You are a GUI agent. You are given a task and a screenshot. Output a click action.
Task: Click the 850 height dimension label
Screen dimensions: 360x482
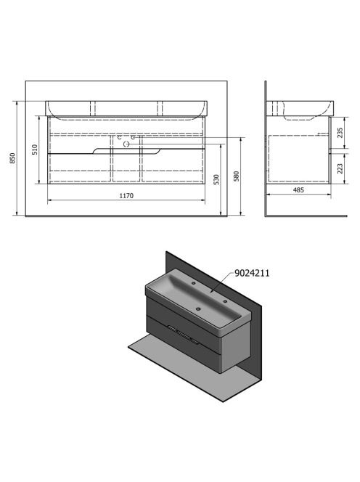pos(12,158)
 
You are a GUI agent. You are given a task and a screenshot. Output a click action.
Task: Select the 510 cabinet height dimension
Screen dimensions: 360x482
pos(35,150)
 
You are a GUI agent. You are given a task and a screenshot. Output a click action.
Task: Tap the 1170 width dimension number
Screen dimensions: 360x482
pos(126,195)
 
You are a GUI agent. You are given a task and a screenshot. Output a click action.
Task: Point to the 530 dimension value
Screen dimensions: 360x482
pos(216,179)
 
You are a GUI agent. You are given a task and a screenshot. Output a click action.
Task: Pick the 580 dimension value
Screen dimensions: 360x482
pos(237,176)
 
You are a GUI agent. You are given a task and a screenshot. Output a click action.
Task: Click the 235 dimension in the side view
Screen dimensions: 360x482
pos(340,133)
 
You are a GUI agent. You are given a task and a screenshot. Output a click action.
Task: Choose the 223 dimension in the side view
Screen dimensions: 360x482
pos(340,168)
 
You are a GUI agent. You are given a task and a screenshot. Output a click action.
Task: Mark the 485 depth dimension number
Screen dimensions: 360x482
pos(298,190)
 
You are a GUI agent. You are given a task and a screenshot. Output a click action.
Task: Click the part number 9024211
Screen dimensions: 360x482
pos(252,273)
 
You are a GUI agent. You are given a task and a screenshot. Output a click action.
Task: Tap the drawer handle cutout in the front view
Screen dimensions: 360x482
pos(126,150)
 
